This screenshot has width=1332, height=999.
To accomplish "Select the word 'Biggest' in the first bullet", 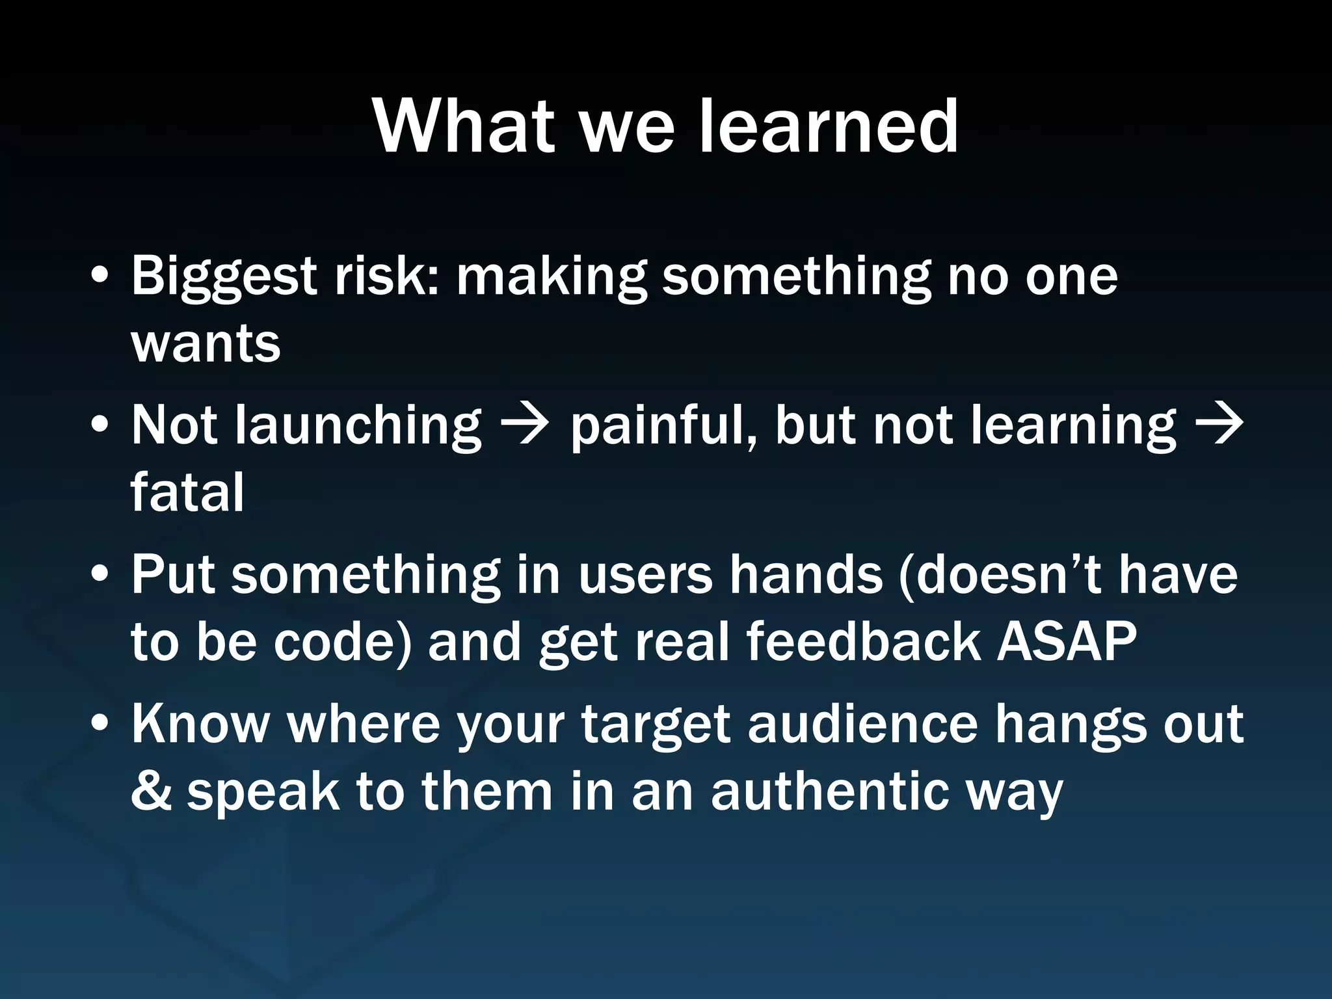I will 224,276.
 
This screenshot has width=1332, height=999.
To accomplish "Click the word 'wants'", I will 206,345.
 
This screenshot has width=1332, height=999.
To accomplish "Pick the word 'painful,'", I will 664,427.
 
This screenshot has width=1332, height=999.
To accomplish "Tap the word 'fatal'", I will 187,493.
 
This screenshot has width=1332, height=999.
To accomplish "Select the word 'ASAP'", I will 1067,641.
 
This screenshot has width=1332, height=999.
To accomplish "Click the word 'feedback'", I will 863,641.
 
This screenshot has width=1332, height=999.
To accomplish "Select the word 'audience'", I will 862,725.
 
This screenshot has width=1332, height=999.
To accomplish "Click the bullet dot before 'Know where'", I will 100,724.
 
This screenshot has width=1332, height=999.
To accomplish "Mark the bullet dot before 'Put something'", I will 100,575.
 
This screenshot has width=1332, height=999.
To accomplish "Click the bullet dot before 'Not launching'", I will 100,426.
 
